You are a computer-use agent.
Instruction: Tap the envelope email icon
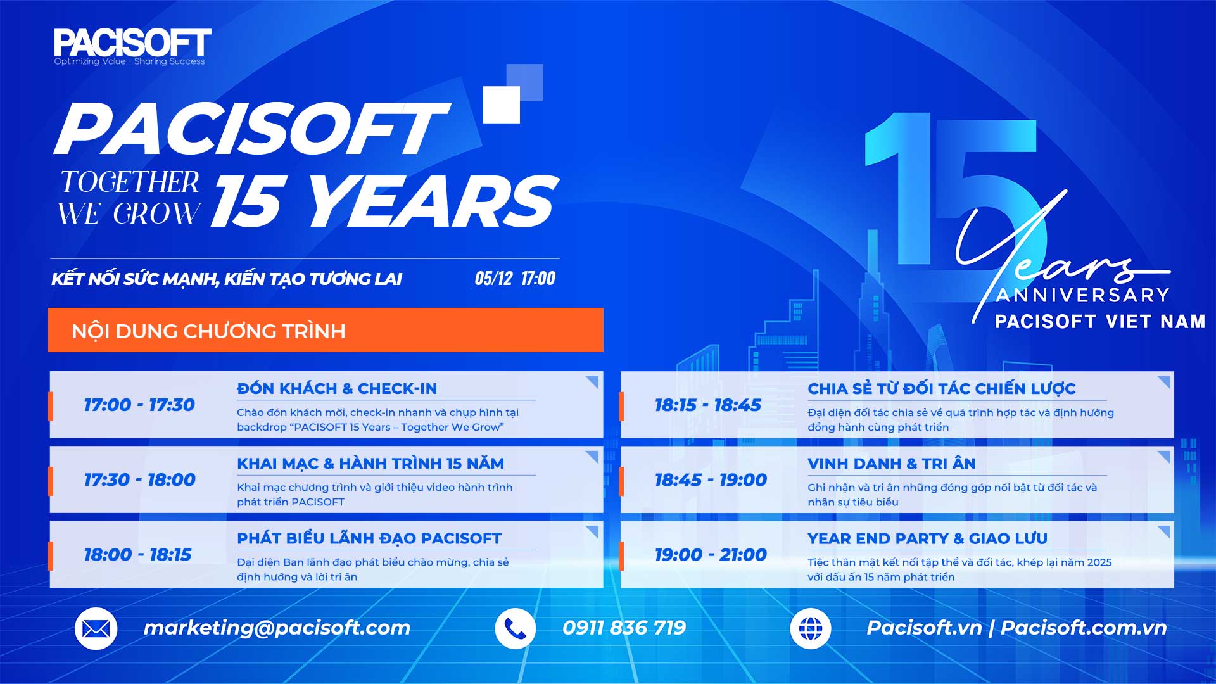click(x=96, y=628)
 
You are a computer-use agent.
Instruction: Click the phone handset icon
click(x=516, y=628)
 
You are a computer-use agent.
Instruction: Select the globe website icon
click(x=811, y=628)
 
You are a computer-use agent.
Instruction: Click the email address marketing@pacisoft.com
click(x=277, y=628)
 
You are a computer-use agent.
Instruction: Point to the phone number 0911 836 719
click(x=624, y=628)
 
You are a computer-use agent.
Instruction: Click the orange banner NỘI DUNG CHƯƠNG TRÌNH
click(x=326, y=330)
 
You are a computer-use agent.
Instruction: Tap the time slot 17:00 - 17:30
click(x=139, y=405)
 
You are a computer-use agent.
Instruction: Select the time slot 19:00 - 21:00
click(x=711, y=555)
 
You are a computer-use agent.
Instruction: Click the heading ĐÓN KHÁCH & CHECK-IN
click(x=337, y=388)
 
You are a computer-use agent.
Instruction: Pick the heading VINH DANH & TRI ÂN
click(x=891, y=463)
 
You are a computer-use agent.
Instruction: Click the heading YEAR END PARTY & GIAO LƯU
click(x=927, y=538)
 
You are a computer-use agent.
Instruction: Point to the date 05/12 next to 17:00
click(x=493, y=279)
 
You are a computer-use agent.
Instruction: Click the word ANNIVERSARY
click(x=1082, y=295)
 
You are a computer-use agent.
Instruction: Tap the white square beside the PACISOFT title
click(x=501, y=104)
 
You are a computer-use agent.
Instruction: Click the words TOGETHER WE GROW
click(x=130, y=198)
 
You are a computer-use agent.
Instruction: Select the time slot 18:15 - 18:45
click(x=707, y=405)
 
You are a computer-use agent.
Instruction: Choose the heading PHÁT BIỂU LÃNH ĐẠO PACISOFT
click(x=369, y=538)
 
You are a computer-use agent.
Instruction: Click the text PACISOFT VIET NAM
click(x=1100, y=322)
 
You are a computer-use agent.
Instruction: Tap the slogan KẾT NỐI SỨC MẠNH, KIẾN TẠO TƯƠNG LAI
click(x=227, y=279)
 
